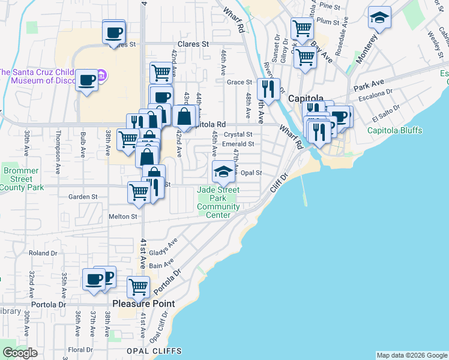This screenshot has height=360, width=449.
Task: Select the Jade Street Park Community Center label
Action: tap(219, 203)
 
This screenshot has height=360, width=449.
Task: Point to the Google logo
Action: tap(20, 352)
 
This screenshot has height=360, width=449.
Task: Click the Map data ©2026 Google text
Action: tap(412, 355)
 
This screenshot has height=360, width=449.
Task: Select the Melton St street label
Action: tap(122, 216)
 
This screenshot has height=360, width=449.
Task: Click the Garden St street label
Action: tap(83, 197)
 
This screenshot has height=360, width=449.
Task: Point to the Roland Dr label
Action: tap(43, 253)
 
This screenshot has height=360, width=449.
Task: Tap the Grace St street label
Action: tap(240, 82)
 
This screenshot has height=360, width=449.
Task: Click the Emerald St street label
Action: tap(238, 144)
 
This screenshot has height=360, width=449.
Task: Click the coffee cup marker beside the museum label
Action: tap(87, 80)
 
